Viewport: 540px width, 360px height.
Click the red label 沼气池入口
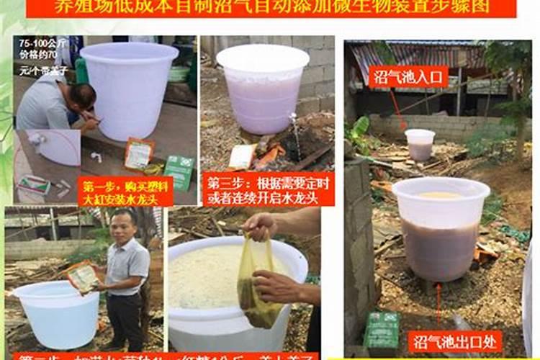[x=408, y=76]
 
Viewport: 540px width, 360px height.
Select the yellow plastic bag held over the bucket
[x=259, y=288]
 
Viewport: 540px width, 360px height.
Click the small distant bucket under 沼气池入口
[x=420, y=144]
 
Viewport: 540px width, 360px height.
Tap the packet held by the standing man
[x=82, y=276]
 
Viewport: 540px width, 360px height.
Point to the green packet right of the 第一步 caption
[x=178, y=172]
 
